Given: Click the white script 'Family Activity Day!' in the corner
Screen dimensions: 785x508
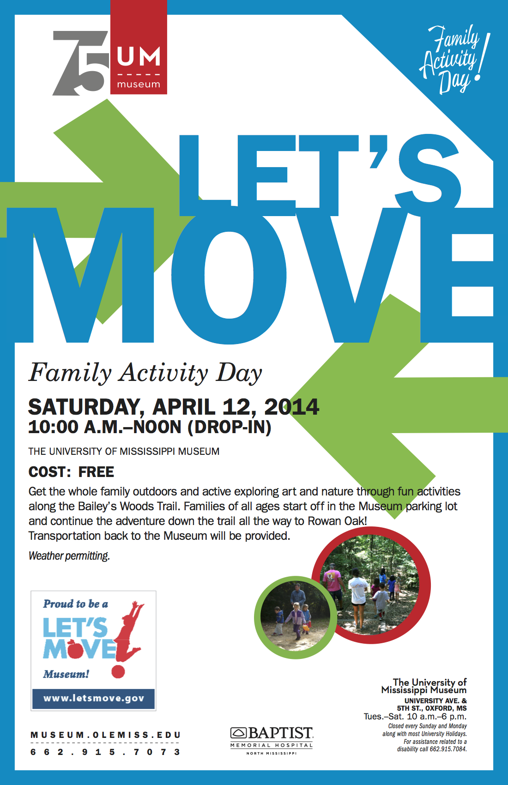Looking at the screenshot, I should (x=453, y=58).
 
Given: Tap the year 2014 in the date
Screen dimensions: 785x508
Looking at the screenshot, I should (x=291, y=407).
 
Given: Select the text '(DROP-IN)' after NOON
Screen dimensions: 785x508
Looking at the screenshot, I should (x=229, y=427).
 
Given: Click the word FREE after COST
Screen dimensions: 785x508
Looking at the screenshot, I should (x=96, y=472).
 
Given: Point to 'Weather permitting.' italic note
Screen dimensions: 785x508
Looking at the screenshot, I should (x=69, y=556).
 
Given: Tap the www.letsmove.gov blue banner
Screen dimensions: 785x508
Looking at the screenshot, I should (x=94, y=698).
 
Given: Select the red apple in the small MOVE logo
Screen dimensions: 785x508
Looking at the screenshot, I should (x=75, y=649).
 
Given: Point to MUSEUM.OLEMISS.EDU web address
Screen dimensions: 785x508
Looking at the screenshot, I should (x=105, y=735).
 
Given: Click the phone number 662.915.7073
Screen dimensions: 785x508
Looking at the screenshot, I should (x=105, y=752).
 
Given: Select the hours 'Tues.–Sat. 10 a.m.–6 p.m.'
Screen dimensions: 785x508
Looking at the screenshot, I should (x=415, y=717).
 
